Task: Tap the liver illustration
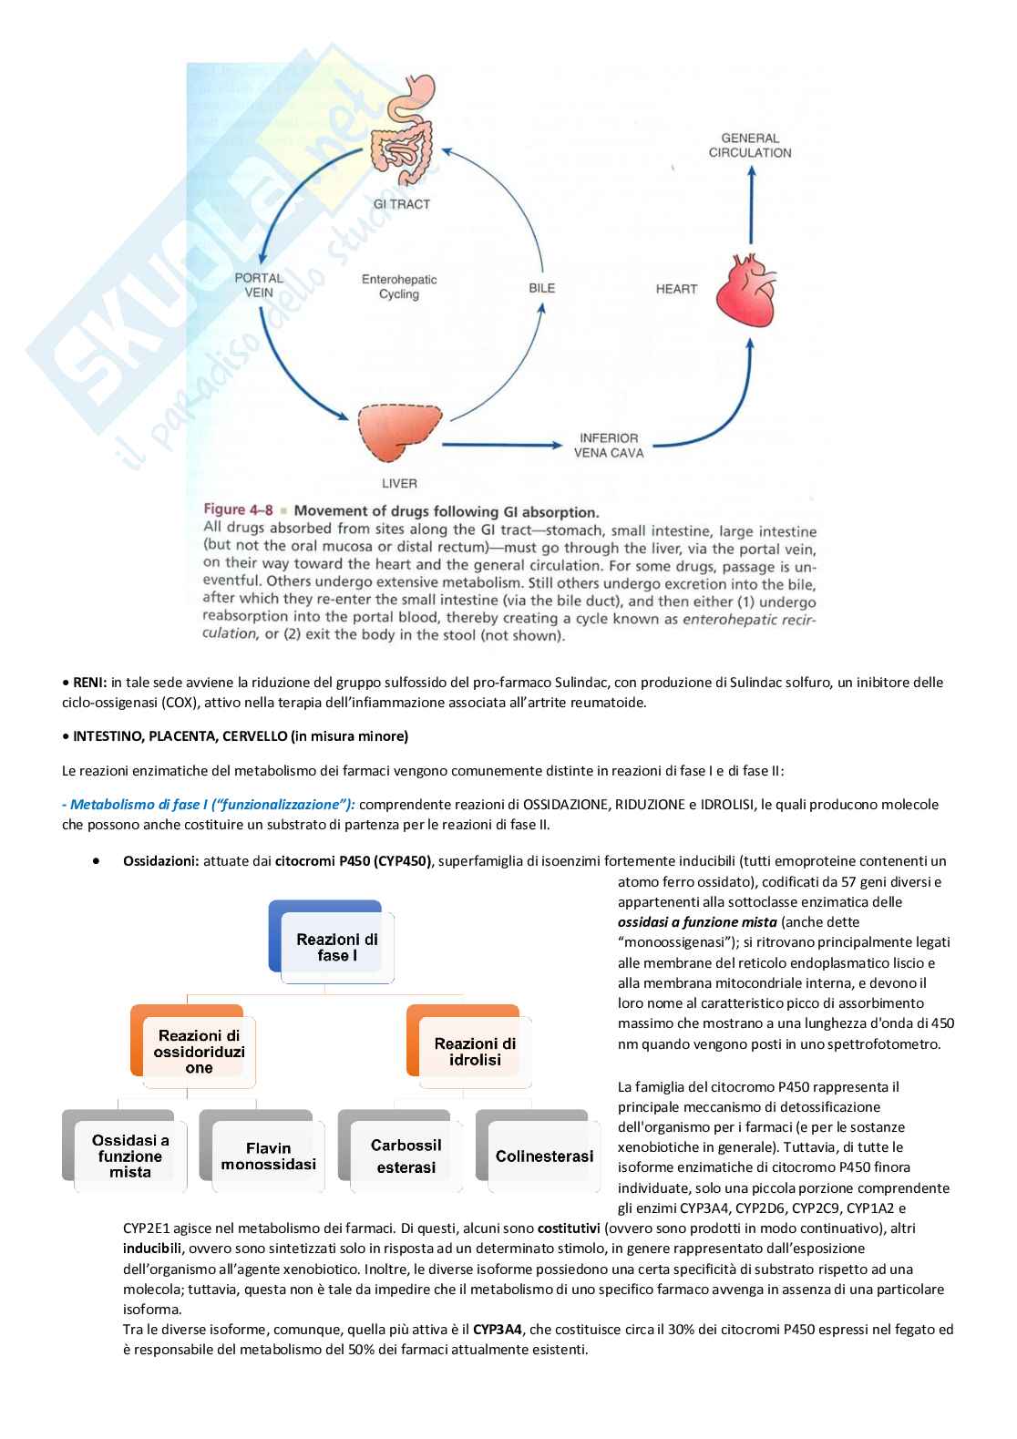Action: tap(395, 436)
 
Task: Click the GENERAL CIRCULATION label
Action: tap(750, 146)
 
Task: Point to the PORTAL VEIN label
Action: tap(259, 285)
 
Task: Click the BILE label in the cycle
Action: tap(541, 288)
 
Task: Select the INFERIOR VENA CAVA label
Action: tap(609, 445)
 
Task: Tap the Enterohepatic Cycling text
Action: tap(399, 287)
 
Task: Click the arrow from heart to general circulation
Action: tap(750, 209)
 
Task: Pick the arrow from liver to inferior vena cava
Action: tap(501, 445)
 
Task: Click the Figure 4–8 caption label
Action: tap(237, 511)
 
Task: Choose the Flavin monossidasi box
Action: tap(268, 1156)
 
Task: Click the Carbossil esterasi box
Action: tap(406, 1156)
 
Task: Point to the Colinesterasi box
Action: tap(544, 1156)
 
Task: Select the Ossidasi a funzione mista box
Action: tap(130, 1156)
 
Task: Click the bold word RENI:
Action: tap(90, 683)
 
